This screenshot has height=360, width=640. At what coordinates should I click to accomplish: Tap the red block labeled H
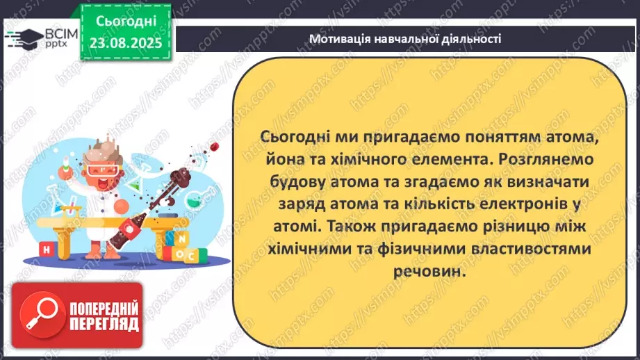point(46,248)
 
